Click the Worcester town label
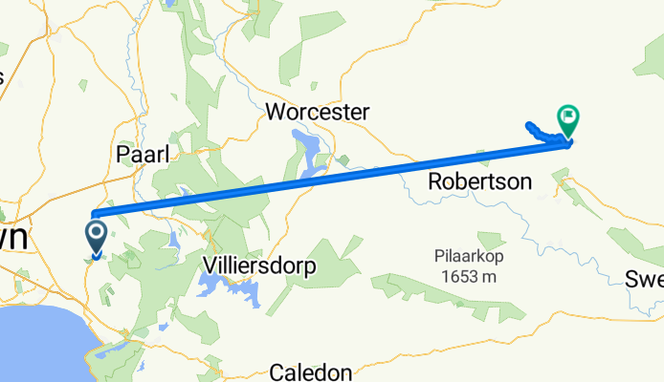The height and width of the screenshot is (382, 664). click(317, 112)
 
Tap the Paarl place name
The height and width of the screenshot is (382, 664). click(140, 153)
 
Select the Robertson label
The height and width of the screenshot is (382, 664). click(479, 180)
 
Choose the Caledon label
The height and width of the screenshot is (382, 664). click(311, 371)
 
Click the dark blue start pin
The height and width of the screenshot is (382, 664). click(97, 234)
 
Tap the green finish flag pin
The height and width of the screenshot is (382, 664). click(568, 119)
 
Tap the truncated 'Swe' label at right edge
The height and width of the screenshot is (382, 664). click(644, 279)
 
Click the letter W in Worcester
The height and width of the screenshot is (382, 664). click(275, 112)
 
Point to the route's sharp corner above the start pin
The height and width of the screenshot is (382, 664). click(93, 213)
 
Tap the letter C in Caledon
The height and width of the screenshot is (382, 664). click(277, 371)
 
